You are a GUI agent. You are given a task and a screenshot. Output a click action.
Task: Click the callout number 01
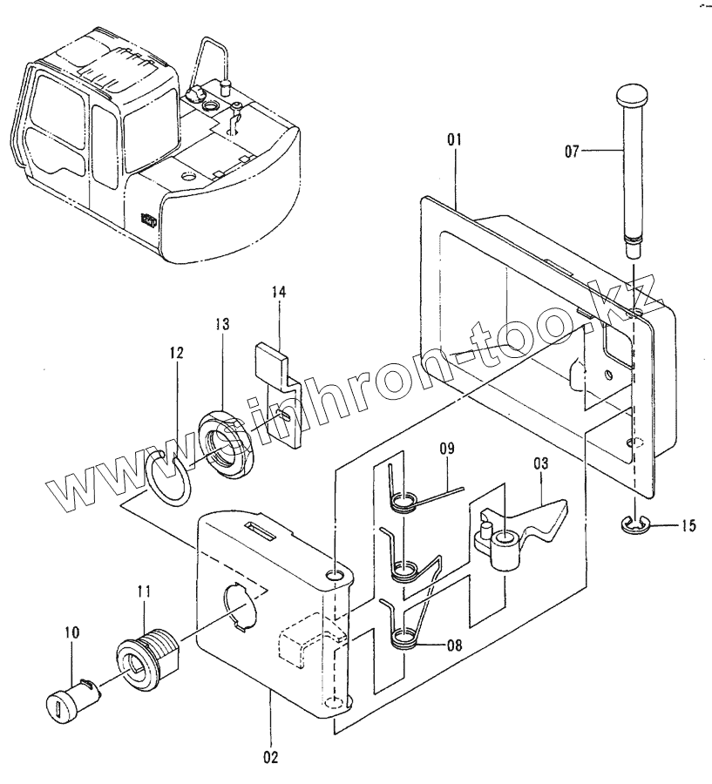455,139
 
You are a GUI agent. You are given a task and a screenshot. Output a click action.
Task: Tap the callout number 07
572,152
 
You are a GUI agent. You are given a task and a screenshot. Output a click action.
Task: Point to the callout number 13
222,325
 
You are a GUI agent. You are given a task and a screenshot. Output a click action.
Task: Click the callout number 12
177,354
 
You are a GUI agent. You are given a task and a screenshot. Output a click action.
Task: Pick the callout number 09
447,450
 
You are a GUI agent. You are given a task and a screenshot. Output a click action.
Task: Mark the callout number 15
688,525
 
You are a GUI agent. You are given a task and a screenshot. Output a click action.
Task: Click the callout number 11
144,592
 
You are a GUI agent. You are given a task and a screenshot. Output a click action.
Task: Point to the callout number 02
271,757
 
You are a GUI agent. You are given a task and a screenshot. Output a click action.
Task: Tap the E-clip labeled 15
634,524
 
